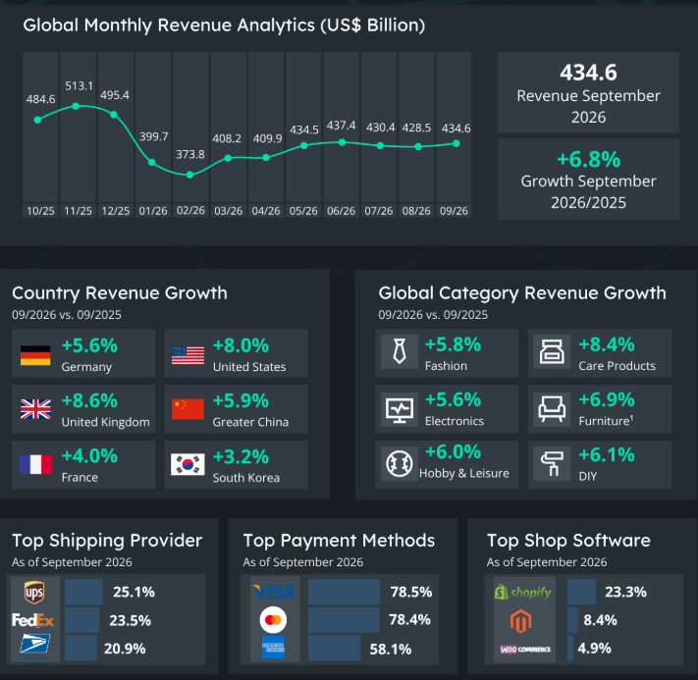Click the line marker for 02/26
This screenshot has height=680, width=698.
click(x=190, y=175)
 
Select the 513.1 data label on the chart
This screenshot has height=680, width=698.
click(x=79, y=86)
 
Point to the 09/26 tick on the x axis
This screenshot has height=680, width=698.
click(x=454, y=211)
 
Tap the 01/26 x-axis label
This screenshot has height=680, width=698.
click(x=153, y=211)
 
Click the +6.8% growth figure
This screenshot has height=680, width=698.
click(x=588, y=159)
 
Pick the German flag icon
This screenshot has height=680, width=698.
click(x=35, y=355)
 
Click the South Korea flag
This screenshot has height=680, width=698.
click(x=188, y=464)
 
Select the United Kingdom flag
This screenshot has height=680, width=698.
click(x=35, y=409)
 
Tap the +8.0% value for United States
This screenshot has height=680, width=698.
click(x=241, y=345)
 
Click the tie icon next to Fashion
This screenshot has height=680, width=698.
click(x=400, y=351)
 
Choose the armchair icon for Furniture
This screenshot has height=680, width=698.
click(x=552, y=408)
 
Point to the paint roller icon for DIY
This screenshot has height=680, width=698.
click(x=551, y=464)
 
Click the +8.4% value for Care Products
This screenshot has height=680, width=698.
click(x=607, y=344)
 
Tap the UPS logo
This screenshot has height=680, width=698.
click(x=34, y=593)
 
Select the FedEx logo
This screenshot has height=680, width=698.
click(x=33, y=620)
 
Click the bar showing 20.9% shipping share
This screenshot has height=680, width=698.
click(x=81, y=648)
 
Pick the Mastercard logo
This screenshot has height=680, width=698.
click(x=273, y=619)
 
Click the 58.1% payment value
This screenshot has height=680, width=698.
click(x=391, y=650)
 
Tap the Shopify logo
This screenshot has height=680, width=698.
click(x=522, y=593)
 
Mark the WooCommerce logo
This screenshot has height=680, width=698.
click(x=525, y=650)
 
